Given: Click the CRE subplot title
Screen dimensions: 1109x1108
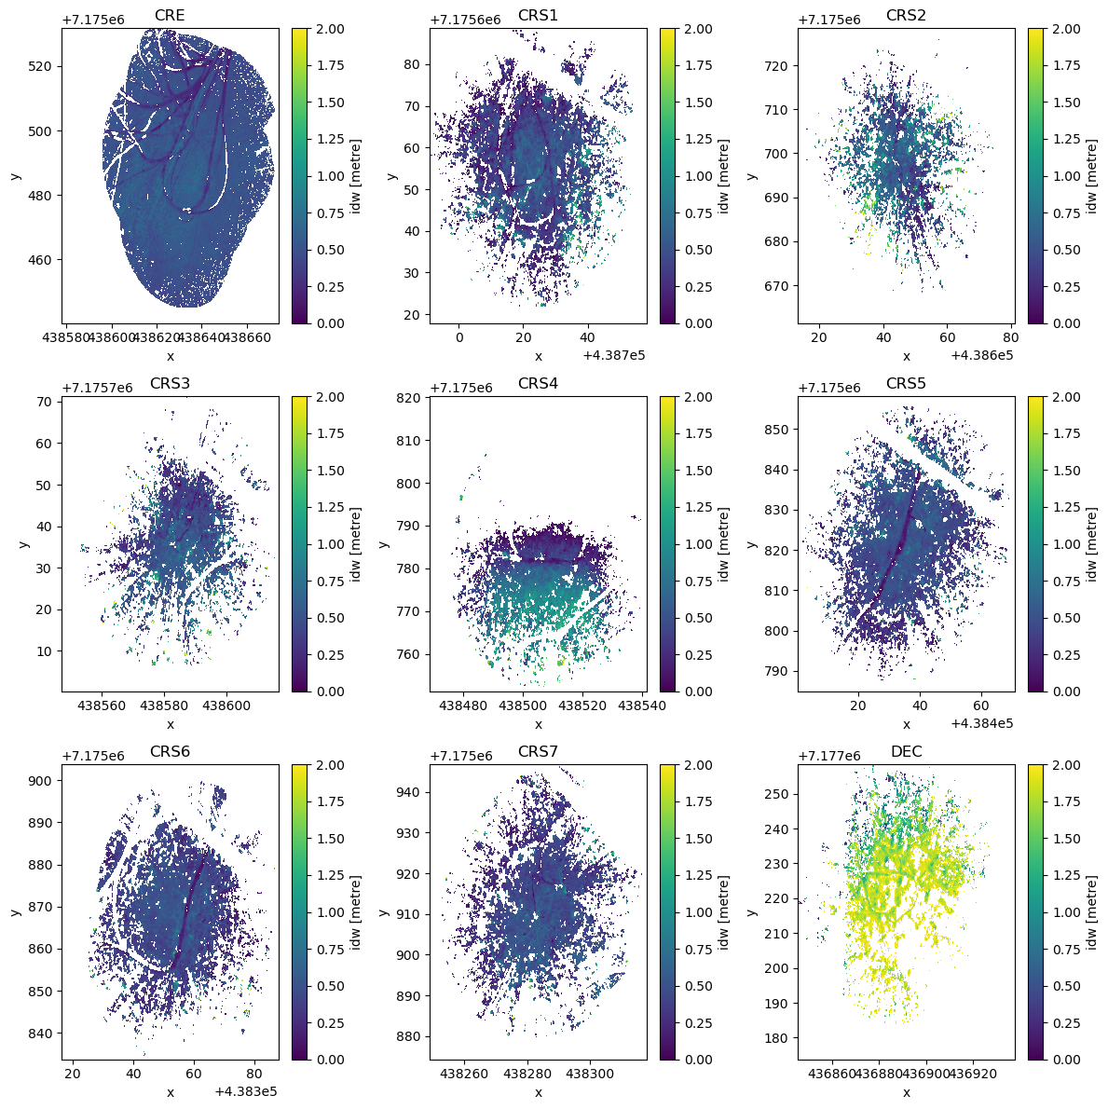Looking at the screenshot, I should pyautogui.click(x=170, y=16).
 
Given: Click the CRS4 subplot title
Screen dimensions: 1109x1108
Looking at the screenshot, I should pyautogui.click(x=538, y=384).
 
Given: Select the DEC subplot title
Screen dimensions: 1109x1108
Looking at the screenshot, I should pyautogui.click(x=906, y=752).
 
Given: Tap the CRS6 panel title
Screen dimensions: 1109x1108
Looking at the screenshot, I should pyautogui.click(x=170, y=752).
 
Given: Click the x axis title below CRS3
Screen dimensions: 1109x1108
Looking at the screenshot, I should pyautogui.click(x=170, y=724).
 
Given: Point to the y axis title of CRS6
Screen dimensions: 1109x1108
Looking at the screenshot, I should pyautogui.click(x=16, y=911).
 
